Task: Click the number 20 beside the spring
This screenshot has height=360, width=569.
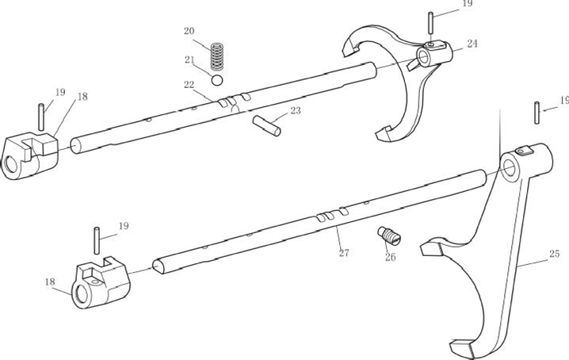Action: [x=189, y=31]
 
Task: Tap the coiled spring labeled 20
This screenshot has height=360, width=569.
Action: [x=216, y=56]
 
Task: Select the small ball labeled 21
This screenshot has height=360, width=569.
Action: [x=216, y=79]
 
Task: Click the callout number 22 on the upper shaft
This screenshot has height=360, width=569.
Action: [x=189, y=85]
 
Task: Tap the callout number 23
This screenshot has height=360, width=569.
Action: [x=295, y=111]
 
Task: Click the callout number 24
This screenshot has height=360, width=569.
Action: [x=472, y=44]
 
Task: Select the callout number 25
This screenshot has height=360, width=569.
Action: [x=553, y=255]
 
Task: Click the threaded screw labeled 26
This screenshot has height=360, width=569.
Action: [x=389, y=236]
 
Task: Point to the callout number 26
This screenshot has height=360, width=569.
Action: [x=390, y=257]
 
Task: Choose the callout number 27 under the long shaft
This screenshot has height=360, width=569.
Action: [x=344, y=253]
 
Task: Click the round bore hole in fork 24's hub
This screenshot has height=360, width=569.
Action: [x=426, y=58]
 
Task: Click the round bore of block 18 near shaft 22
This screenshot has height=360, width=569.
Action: [x=10, y=164]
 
